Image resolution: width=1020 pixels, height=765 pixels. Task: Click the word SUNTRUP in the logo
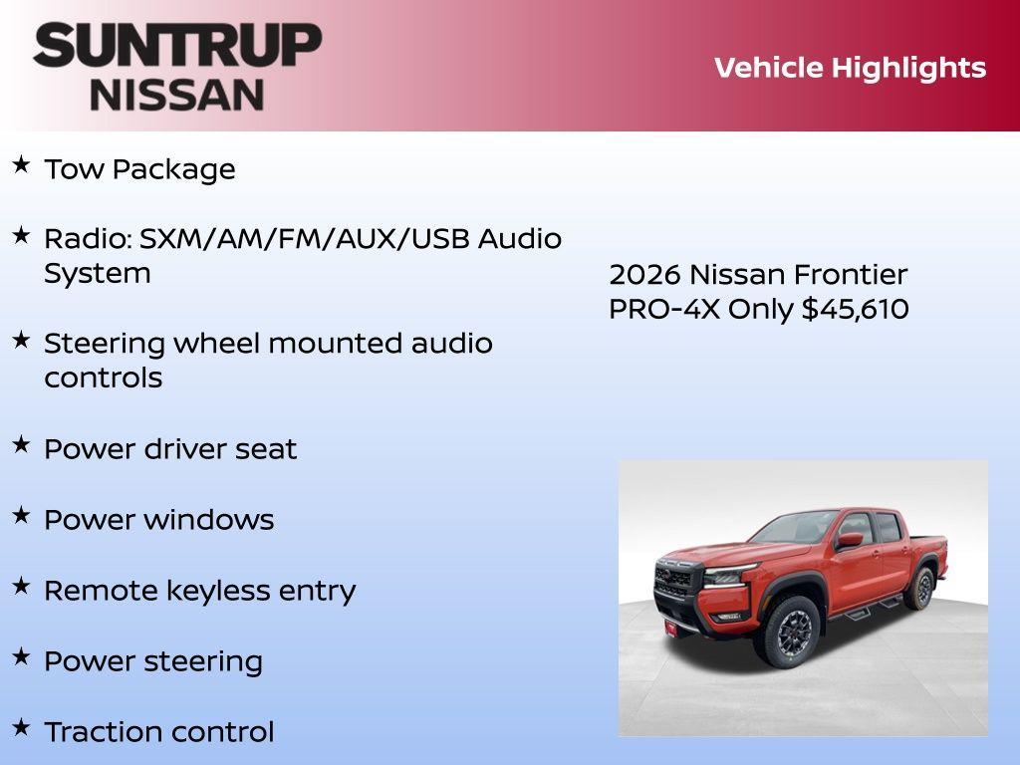click(x=177, y=46)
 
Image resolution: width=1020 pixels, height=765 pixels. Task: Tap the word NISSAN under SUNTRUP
click(x=177, y=95)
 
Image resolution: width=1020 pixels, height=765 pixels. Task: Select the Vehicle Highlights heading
click(x=850, y=68)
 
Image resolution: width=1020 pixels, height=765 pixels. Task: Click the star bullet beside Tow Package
click(x=21, y=164)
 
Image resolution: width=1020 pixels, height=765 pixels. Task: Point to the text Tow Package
click(x=139, y=169)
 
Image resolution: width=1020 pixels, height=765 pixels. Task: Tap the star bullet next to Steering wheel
click(x=21, y=339)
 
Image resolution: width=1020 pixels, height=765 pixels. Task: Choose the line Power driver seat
click(x=170, y=449)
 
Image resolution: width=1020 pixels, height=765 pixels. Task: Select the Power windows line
click(x=159, y=520)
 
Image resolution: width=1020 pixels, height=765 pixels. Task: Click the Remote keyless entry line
click(x=199, y=591)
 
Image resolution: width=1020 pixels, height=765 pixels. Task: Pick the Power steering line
click(x=153, y=661)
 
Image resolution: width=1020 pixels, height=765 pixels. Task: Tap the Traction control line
click(x=159, y=732)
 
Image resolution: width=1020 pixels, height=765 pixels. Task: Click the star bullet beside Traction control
click(x=21, y=727)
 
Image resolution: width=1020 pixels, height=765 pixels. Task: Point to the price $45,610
click(x=856, y=309)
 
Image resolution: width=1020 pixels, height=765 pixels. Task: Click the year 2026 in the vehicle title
click(x=644, y=274)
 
